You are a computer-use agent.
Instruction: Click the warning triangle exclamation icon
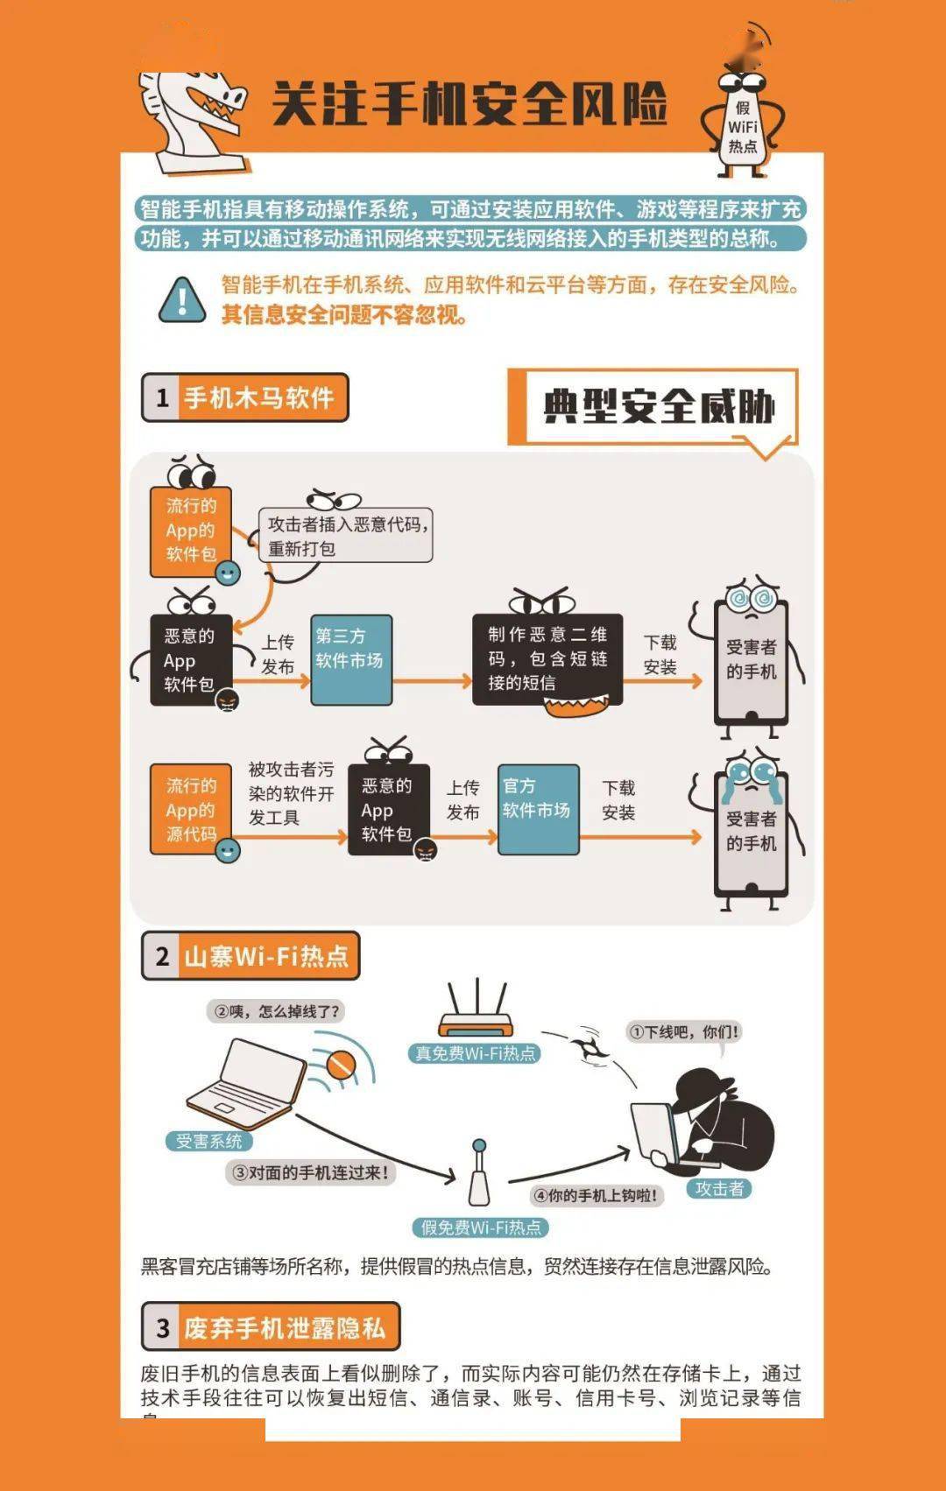pyautogui.click(x=182, y=300)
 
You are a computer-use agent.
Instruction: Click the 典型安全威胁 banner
pyautogui.click(x=657, y=406)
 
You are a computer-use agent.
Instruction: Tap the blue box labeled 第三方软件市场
pyautogui.click(x=350, y=659)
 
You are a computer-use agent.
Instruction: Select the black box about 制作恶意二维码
pyautogui.click(x=547, y=658)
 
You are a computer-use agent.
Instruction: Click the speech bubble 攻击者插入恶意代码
pyautogui.click(x=346, y=536)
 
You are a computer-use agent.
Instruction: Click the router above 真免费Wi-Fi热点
pyautogui.click(x=476, y=1011)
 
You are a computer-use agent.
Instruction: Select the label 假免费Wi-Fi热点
pyautogui.click(x=480, y=1227)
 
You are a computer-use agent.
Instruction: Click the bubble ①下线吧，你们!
pyautogui.click(x=684, y=1031)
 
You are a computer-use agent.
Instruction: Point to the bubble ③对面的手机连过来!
pyautogui.click(x=311, y=1172)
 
